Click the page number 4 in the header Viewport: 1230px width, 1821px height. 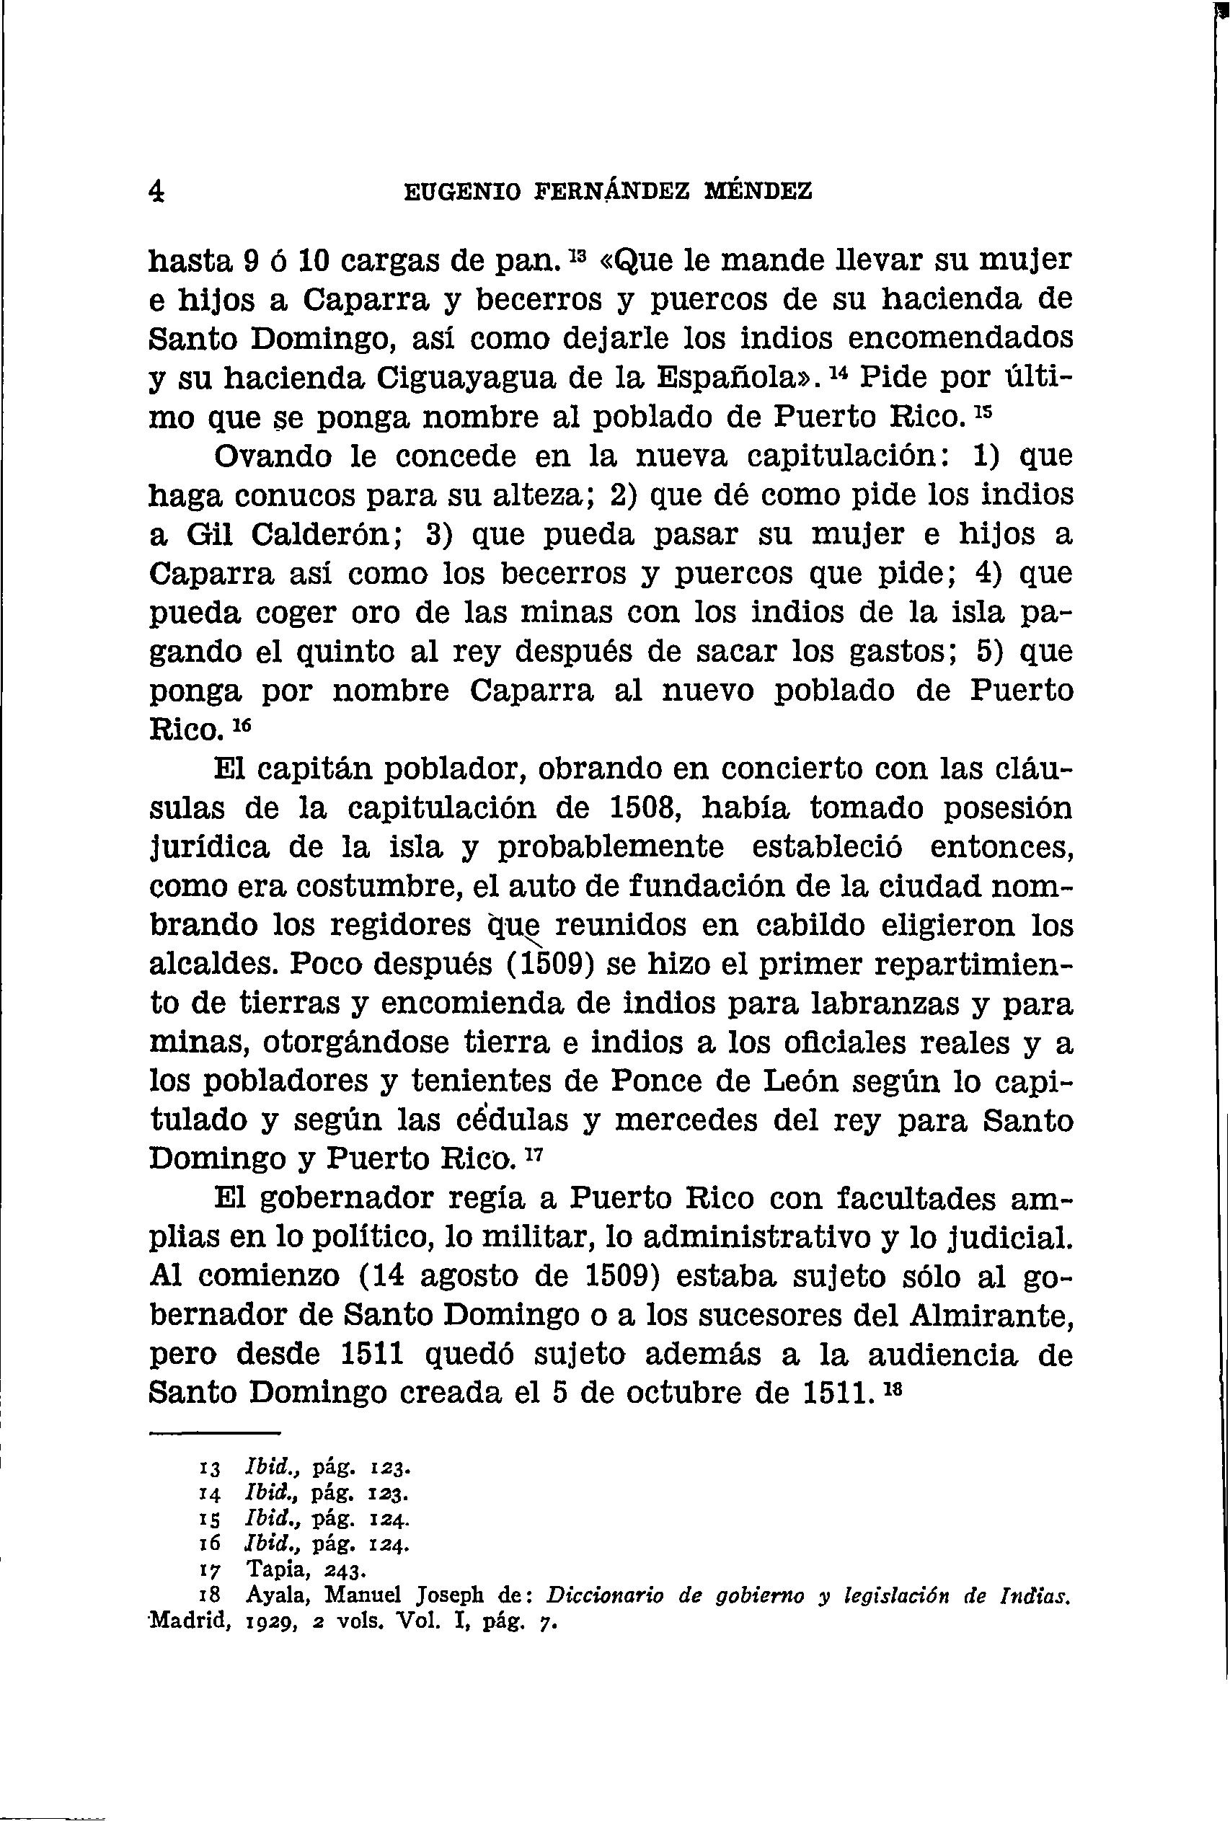pyautogui.click(x=156, y=190)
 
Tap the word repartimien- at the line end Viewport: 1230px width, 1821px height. pyautogui.click(x=973, y=965)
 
